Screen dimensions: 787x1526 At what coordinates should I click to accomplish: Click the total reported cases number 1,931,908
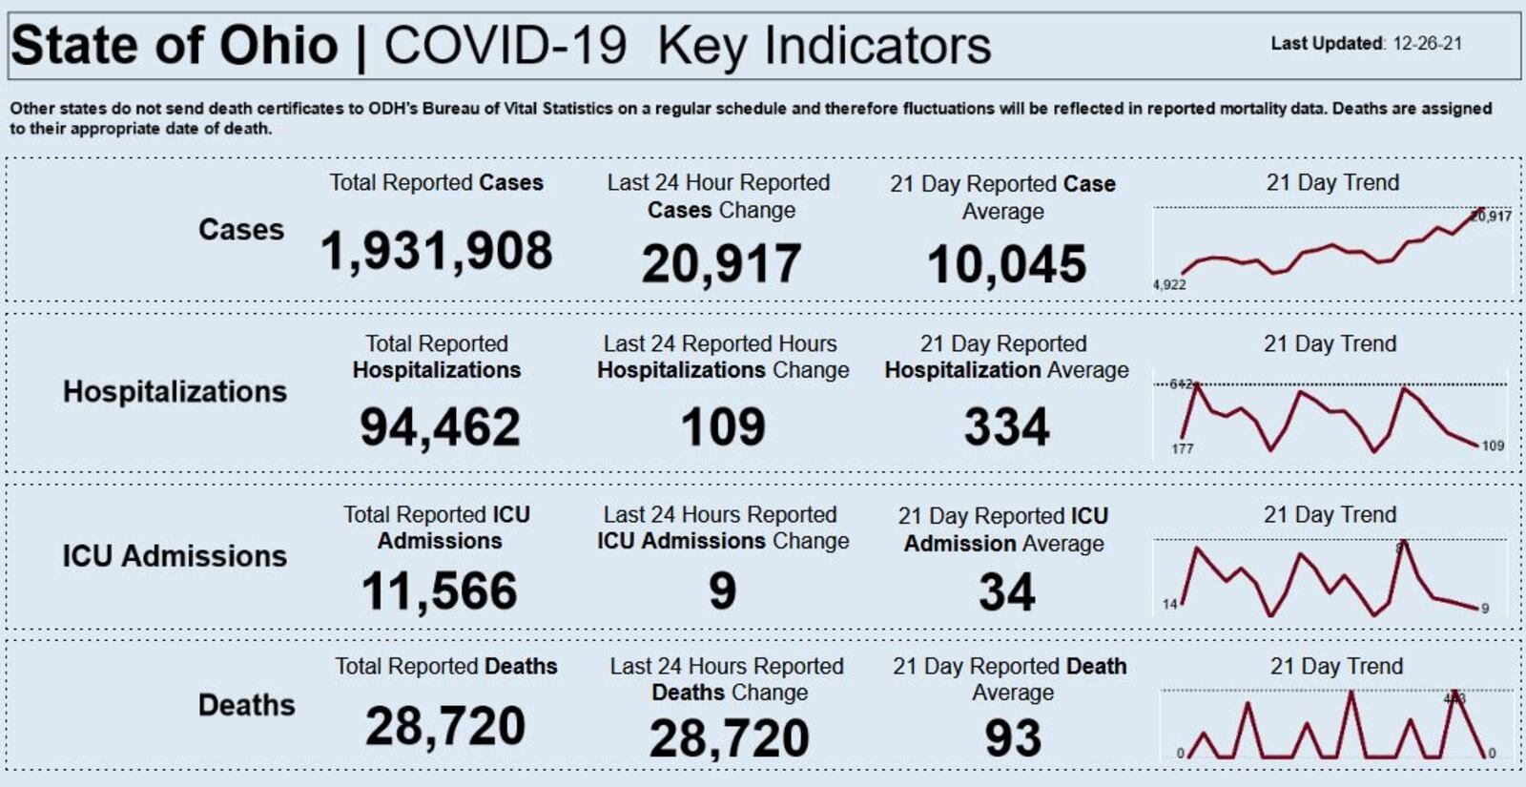(436, 252)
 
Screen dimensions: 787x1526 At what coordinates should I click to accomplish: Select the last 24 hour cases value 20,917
(721, 264)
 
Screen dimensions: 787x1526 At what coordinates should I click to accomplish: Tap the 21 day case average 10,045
(1006, 264)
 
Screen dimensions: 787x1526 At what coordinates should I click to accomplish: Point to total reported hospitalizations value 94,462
(440, 427)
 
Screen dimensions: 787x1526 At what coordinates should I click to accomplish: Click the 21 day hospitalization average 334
(1006, 427)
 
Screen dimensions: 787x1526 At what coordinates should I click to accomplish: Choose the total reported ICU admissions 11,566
(440, 591)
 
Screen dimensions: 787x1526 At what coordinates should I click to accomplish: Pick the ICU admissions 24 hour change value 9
(722, 591)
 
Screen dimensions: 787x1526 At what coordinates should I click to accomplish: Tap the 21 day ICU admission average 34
(1006, 592)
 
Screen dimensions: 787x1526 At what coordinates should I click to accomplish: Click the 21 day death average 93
(1012, 738)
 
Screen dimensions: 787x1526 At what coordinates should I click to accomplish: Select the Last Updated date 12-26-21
(1427, 44)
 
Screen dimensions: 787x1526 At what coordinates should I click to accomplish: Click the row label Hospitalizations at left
(175, 392)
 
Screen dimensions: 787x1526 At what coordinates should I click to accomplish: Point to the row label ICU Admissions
(175, 556)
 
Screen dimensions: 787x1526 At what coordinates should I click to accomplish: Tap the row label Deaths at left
(246, 705)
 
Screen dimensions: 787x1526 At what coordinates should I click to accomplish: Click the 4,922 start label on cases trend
(1169, 284)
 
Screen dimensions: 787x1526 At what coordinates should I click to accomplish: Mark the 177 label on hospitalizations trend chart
(1182, 448)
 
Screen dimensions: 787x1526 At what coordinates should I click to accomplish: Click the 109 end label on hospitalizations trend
(1493, 445)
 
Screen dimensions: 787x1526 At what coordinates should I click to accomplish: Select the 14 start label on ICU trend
(1169, 604)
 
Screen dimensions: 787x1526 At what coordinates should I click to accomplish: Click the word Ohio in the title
(278, 46)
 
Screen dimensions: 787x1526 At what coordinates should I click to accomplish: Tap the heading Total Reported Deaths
(445, 666)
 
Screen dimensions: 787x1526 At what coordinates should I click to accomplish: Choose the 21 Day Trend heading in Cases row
(1332, 182)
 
